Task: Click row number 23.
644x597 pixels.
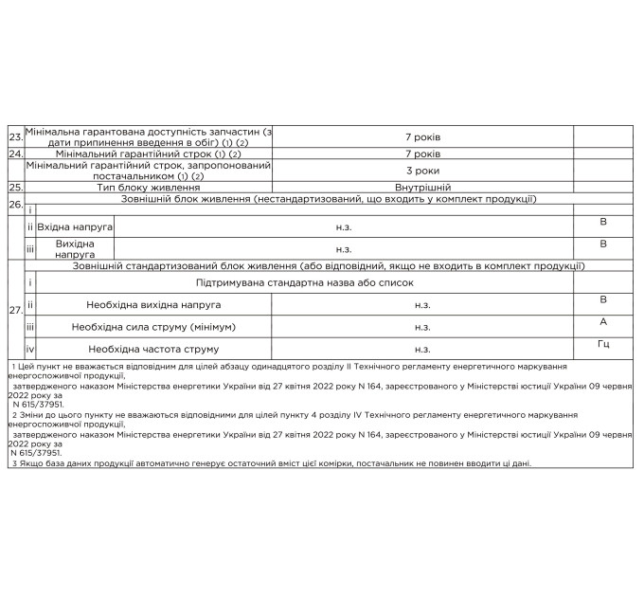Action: click(15, 137)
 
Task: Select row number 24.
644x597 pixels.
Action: click(15, 154)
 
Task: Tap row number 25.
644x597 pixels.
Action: click(15, 188)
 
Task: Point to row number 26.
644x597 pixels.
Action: click(15, 204)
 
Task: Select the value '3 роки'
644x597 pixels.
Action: click(422, 171)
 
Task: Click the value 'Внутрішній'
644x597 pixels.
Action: click(422, 188)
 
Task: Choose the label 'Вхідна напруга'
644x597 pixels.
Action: click(75, 228)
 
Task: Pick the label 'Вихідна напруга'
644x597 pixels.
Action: click(75, 249)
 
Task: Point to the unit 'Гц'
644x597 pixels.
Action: click(603, 344)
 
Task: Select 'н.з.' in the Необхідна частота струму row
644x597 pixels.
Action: click(422, 349)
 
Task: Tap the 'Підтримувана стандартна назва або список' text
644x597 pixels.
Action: click(305, 283)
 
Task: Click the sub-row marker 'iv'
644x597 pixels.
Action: click(30, 349)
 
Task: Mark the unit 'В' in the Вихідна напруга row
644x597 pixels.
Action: click(603, 244)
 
